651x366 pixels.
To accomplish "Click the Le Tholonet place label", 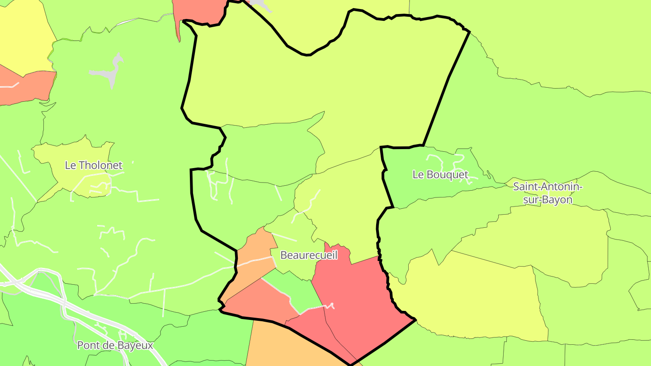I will tap(94, 165).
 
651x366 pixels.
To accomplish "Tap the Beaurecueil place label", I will tap(309, 255).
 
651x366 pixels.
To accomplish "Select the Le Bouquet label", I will tap(440, 174).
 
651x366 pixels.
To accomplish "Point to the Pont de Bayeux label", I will tap(115, 346).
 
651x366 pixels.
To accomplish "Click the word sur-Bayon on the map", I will tap(548, 199).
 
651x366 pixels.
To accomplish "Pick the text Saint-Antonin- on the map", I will tap(548, 186).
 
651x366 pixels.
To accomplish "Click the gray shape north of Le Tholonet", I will tap(111, 72).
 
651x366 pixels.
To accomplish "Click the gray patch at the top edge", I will tap(260, 5).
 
